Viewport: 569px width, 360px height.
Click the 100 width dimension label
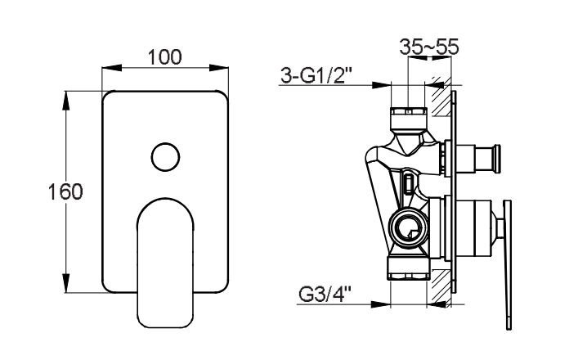pos(165,57)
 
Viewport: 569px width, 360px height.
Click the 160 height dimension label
pos(65,191)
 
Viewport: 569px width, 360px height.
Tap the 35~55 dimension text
pos(429,47)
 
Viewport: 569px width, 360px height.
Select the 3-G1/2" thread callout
pos(316,75)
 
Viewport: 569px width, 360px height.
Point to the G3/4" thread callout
pos(325,295)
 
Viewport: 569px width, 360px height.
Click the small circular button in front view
pos(165,157)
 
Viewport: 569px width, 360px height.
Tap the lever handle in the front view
pos(165,263)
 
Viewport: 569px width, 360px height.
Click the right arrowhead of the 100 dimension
pos(219,68)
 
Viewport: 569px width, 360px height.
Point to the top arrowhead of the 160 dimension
pos(65,100)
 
